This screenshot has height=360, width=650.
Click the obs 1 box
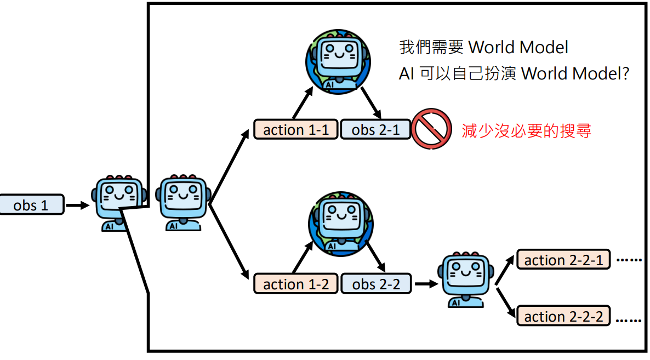pyautogui.click(x=32, y=205)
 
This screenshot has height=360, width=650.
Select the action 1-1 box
pyautogui.click(x=295, y=130)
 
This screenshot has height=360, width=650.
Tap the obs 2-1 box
pyautogui.click(x=375, y=130)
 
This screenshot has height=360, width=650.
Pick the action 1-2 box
pyautogui.click(x=295, y=284)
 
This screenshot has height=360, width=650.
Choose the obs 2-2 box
pyautogui.click(x=375, y=284)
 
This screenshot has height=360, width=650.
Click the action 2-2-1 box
pyautogui.click(x=563, y=260)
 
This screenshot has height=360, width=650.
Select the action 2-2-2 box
pyautogui.click(x=563, y=316)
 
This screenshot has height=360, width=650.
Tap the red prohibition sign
pyautogui.click(x=431, y=129)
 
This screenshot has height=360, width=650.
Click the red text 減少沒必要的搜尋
pyautogui.click(x=527, y=130)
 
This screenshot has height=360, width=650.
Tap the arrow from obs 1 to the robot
pyautogui.click(x=77, y=205)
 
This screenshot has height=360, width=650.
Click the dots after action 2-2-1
pyautogui.click(x=629, y=260)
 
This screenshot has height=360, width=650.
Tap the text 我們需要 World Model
pyautogui.click(x=483, y=47)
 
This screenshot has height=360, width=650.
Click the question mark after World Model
pyautogui.click(x=623, y=74)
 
